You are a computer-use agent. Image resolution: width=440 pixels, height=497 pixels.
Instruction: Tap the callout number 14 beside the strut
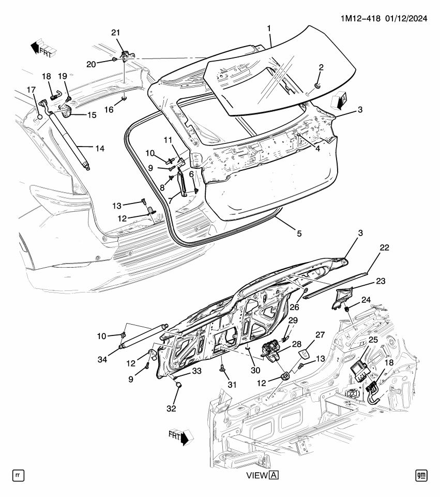[x=100, y=149]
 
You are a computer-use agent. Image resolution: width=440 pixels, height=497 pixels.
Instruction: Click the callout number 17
[x=31, y=89]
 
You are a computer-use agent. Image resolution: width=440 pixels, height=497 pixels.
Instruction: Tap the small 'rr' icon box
[x=18, y=475]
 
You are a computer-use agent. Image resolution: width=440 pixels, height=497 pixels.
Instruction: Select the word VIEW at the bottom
[x=257, y=475]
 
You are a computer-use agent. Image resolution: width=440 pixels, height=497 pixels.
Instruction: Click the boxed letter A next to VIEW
[x=274, y=475]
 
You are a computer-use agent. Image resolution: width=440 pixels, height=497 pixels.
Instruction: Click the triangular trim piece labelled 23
[x=341, y=299]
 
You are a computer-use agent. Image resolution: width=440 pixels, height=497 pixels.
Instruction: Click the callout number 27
[x=320, y=335]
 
